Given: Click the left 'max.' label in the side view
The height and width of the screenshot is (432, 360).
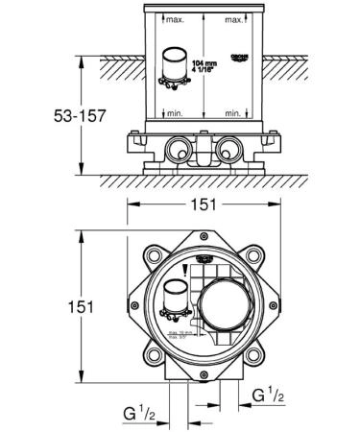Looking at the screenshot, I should (x=175, y=19).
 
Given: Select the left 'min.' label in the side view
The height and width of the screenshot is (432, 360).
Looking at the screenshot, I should (x=175, y=113).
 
